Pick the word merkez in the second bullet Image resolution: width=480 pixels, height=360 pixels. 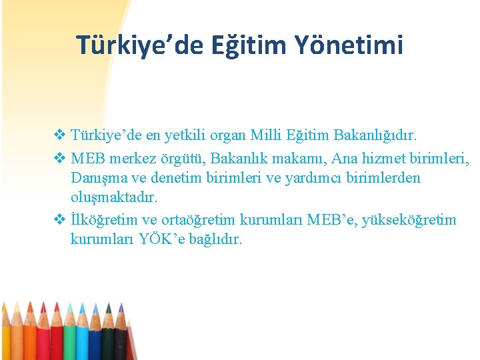pyautogui.click(x=139, y=160)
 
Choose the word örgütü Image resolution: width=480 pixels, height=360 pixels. pyautogui.click(x=187, y=160)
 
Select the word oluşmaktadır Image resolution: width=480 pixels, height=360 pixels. pyautogui.click(x=114, y=198)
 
